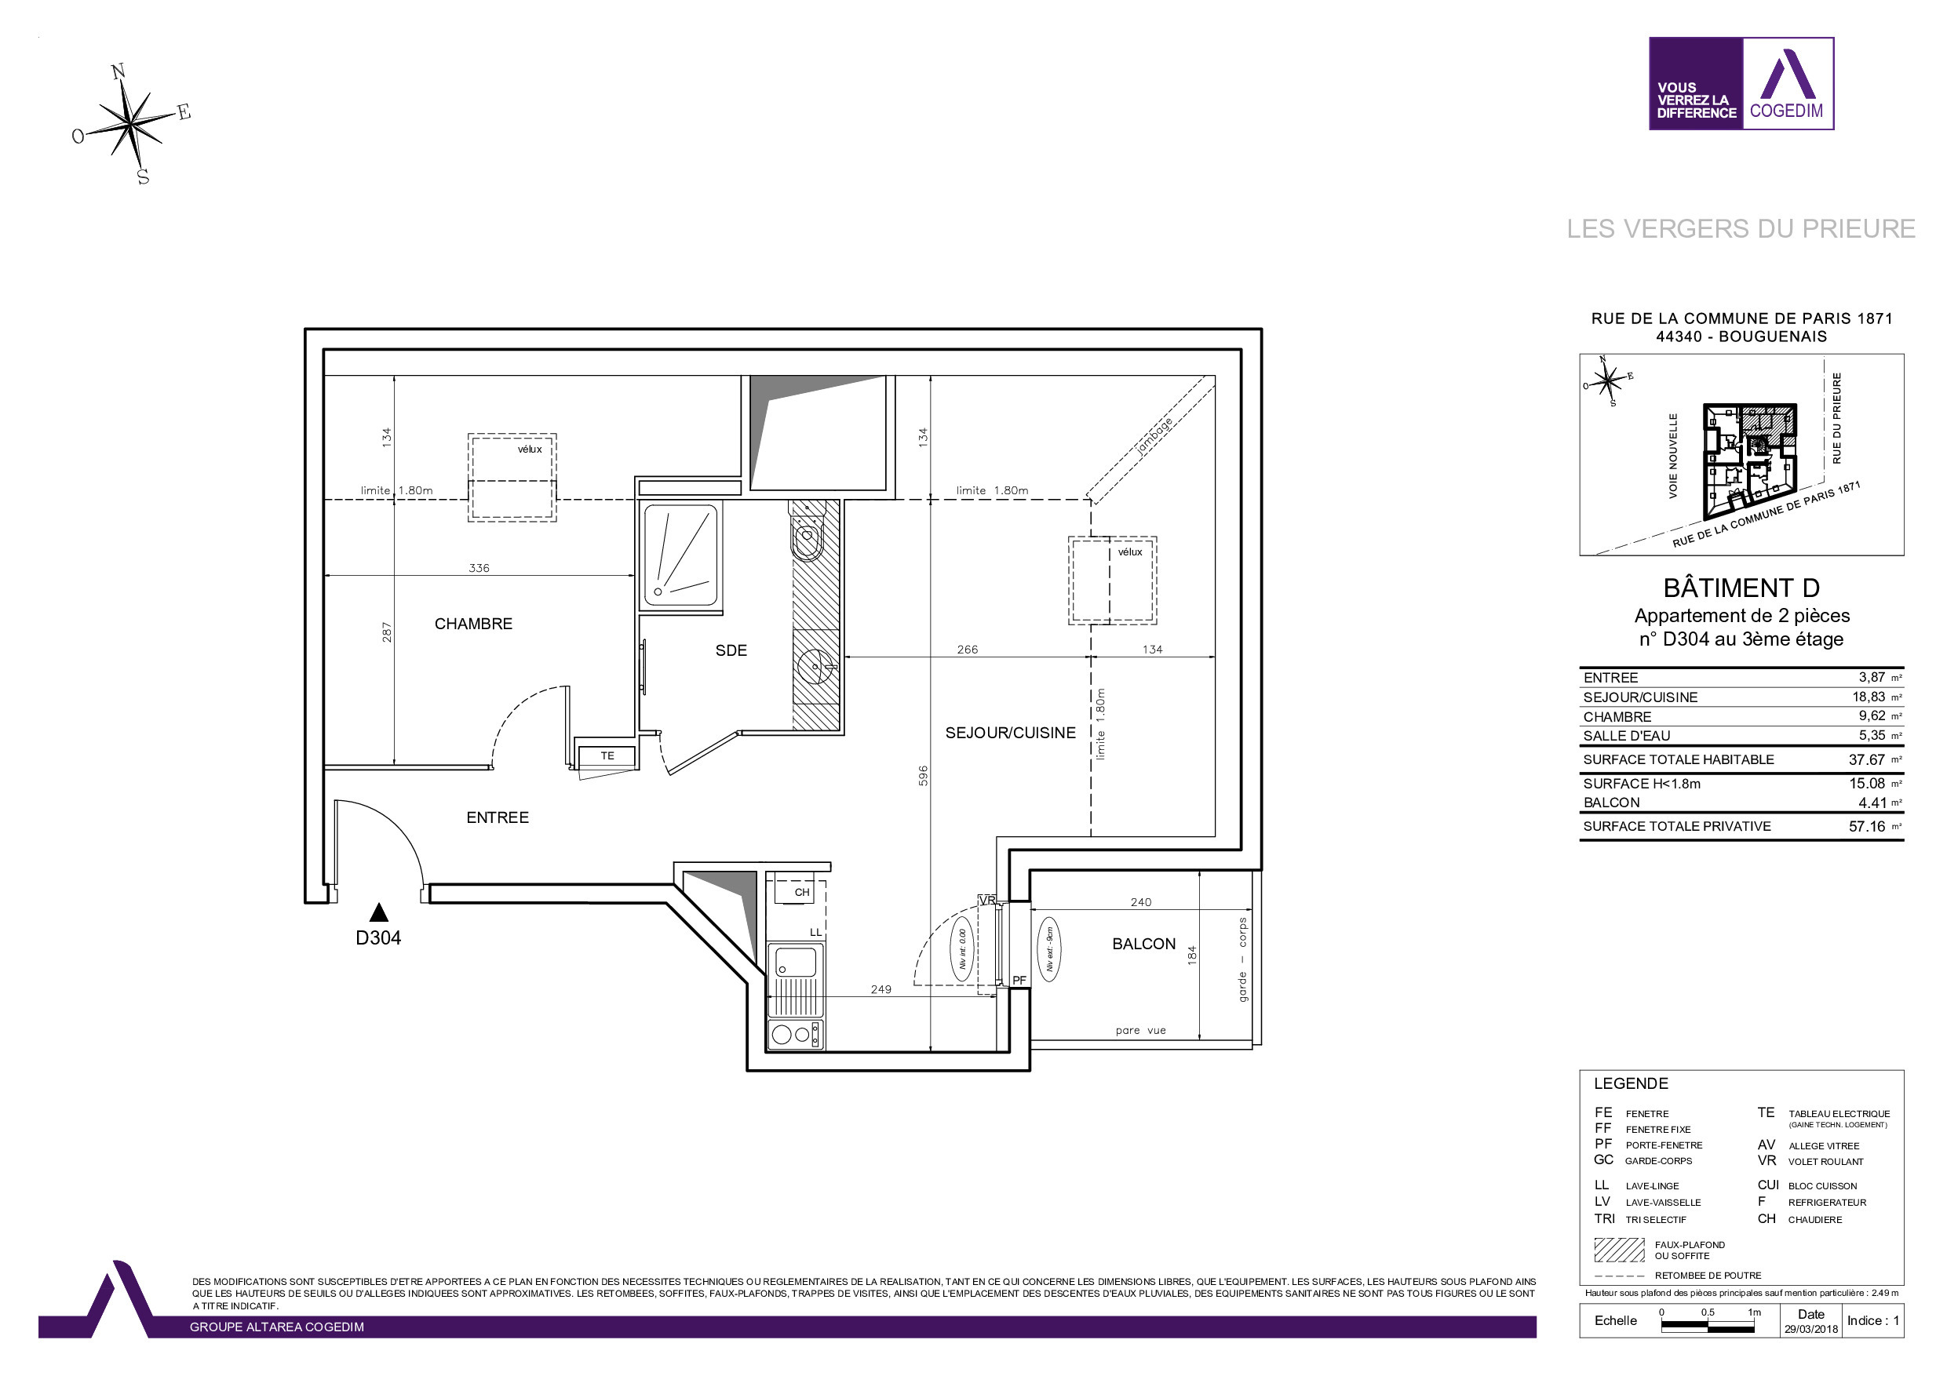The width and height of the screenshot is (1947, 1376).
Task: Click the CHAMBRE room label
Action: click(x=473, y=624)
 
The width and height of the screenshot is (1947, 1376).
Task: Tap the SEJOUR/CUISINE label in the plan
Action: click(x=1010, y=734)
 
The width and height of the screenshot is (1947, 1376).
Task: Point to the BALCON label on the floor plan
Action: click(x=1144, y=945)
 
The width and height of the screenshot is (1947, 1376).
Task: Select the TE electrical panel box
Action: click(x=607, y=755)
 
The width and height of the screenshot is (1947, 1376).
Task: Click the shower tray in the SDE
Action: click(x=681, y=555)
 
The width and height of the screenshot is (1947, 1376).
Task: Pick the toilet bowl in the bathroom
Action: click(x=808, y=538)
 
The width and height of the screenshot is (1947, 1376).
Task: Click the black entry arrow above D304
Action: click(x=379, y=912)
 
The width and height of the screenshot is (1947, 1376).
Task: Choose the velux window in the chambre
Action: click(x=512, y=477)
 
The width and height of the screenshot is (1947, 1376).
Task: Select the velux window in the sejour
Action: click(x=1113, y=581)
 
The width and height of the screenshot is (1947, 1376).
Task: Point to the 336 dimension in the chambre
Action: click(x=479, y=568)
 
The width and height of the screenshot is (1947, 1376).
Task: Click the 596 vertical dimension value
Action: click(x=924, y=776)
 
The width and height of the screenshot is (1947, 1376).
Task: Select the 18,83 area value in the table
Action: click(x=1869, y=697)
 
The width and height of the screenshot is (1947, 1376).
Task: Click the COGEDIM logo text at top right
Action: click(x=1786, y=111)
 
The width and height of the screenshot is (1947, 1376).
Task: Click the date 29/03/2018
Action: click(x=1810, y=1330)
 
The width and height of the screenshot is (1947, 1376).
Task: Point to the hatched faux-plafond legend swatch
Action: click(x=1619, y=1250)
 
